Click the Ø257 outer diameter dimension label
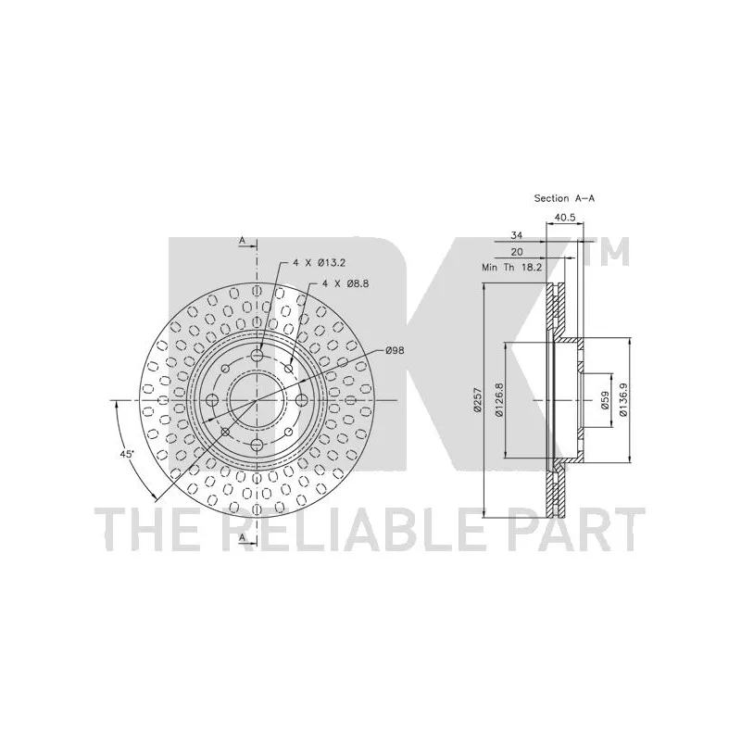tap(477, 400)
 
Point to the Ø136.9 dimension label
tap(622, 400)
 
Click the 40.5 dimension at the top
tap(565, 218)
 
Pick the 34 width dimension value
tap(517, 235)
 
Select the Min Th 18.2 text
tap(512, 267)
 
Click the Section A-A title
tap(564, 198)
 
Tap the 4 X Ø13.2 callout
tap(319, 263)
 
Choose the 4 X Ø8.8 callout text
tap(345, 283)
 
